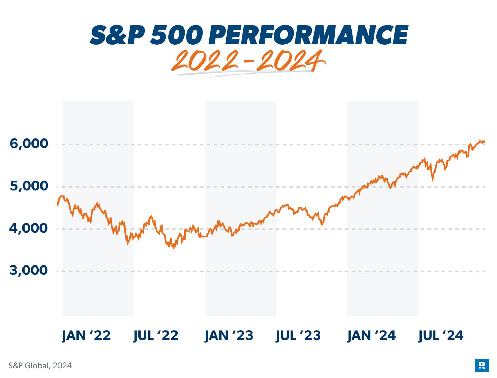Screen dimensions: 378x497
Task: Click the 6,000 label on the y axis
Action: [29, 144]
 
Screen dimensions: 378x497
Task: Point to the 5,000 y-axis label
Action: [29, 186]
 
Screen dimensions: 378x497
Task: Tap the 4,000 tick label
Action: [28, 228]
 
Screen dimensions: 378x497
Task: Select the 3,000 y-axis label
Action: [29, 270]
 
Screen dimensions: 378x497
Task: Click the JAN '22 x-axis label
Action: [86, 335]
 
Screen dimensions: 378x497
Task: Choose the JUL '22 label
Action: [156, 335]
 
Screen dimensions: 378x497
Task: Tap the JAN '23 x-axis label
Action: [229, 335]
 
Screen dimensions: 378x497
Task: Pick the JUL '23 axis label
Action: [298, 335]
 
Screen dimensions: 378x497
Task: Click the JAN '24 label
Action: [371, 335]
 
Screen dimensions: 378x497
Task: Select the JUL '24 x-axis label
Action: [441, 335]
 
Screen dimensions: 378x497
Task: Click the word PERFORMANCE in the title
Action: [309, 35]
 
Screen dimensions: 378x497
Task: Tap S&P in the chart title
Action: [117, 35]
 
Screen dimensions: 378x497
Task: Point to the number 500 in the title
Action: [177, 35]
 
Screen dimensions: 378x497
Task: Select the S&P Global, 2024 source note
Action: [40, 366]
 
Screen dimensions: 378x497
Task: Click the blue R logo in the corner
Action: [481, 366]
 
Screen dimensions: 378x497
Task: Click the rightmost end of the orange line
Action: [484, 141]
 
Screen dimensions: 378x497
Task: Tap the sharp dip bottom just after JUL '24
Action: [432, 179]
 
